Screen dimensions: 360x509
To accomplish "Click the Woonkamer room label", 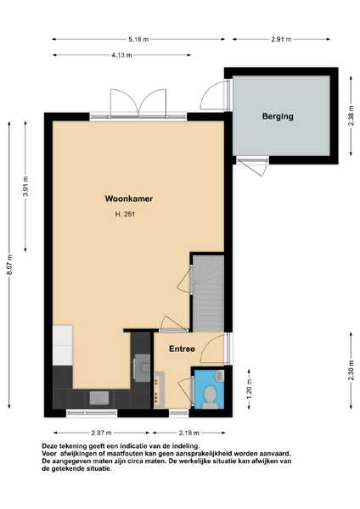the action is tap(129, 199).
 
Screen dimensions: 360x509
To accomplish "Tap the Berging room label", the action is tap(278, 116).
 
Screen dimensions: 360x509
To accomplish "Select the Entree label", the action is tap(182, 349).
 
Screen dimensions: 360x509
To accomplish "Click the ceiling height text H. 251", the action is tap(125, 215).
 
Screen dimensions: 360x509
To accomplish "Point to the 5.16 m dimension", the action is tap(138, 40).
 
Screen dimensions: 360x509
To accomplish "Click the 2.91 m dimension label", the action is tap(281, 40).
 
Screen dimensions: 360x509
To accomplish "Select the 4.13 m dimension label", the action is tap(122, 55).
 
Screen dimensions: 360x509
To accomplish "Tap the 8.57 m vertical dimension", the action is tap(9, 265).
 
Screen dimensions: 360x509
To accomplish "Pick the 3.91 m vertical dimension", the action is tap(25, 186).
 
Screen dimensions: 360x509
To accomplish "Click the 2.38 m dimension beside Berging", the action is tap(351, 116).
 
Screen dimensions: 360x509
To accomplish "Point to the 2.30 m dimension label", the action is tap(351, 371).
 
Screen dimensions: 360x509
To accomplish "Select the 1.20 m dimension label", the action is tap(250, 389).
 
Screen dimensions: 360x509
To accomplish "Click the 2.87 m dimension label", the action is tap(101, 433).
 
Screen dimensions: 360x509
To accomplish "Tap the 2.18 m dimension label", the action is tap(188, 433).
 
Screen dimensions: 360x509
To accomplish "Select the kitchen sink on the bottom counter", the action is tap(99, 398).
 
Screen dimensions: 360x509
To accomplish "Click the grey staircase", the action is tap(208, 294).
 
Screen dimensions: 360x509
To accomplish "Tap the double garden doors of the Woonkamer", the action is tap(138, 103).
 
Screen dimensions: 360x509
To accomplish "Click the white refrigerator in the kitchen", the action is tap(62, 346).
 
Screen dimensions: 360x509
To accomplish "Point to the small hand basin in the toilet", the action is tap(220, 375).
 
